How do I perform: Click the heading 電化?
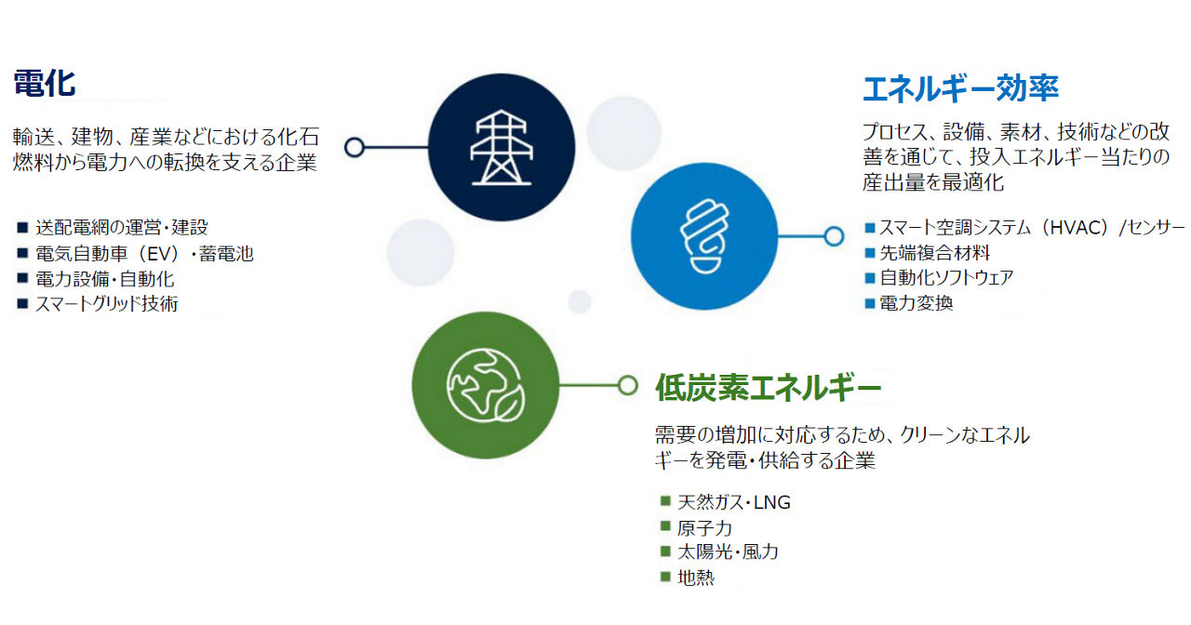(x=44, y=84)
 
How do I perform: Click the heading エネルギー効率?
(x=960, y=88)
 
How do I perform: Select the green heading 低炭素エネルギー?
(x=769, y=388)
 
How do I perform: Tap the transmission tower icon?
(x=502, y=147)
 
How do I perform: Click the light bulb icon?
(x=704, y=236)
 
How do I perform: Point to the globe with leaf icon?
(x=486, y=385)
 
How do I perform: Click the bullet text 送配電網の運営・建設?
(x=122, y=228)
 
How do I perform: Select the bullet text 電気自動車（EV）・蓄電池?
(x=144, y=254)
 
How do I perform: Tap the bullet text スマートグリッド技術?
(x=107, y=304)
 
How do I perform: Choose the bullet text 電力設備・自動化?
(x=105, y=279)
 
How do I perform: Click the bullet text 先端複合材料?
(x=935, y=253)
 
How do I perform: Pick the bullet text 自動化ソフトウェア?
(x=946, y=277)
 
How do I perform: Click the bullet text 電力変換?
(x=917, y=303)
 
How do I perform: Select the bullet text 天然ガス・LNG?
(x=734, y=502)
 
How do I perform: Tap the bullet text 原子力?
(x=704, y=527)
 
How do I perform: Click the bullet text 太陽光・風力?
(x=728, y=552)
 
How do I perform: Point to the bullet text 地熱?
(x=695, y=578)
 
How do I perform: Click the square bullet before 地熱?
(x=665, y=576)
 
